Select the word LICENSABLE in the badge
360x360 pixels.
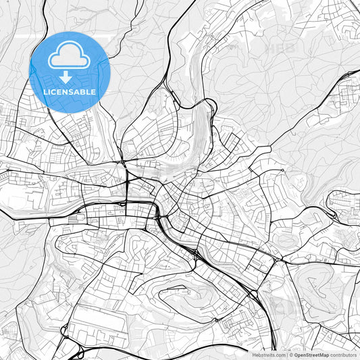click(x=69, y=92)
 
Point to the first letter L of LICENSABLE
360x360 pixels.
click(x=45, y=92)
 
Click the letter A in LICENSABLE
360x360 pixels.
click(x=76, y=92)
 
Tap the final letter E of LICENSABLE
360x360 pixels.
click(x=93, y=92)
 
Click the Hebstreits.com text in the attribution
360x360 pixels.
click(x=269, y=354)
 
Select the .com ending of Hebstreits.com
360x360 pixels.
click(x=280, y=354)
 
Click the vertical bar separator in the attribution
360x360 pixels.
click(x=288, y=354)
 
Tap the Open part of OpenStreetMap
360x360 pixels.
click(x=301, y=354)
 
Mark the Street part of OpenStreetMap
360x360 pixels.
click(x=313, y=354)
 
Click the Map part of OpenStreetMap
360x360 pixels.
click(x=324, y=354)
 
